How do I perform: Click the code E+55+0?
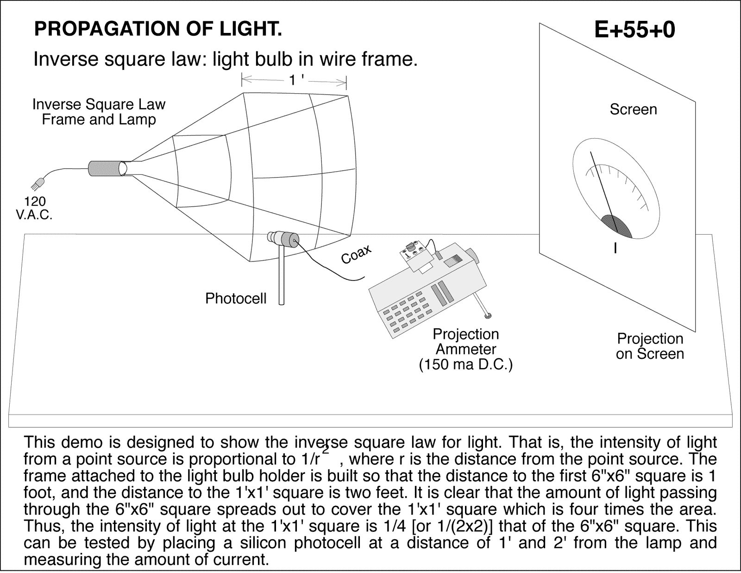634,30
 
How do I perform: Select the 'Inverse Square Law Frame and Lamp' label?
99,112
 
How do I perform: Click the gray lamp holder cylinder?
106,168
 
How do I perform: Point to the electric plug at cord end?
37,185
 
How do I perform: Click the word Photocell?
236,298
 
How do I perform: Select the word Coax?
356,254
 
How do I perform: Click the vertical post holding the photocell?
281,278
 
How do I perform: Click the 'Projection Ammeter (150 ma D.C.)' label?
465,349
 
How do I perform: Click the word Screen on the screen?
633,109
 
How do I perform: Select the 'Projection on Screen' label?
650,346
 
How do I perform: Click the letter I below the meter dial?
615,249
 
